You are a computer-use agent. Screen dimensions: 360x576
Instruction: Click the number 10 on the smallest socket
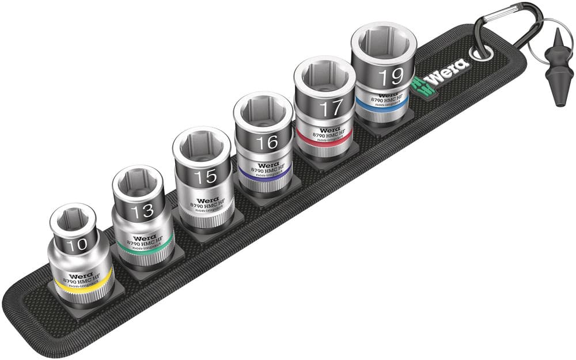[x=76, y=244]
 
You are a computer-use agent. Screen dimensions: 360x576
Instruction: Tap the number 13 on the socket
[x=142, y=211]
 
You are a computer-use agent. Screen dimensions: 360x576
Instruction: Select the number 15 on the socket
[x=205, y=177]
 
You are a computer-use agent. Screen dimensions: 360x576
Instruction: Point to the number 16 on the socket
[x=267, y=142]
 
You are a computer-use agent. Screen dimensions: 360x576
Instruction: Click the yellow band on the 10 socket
[x=81, y=286]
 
